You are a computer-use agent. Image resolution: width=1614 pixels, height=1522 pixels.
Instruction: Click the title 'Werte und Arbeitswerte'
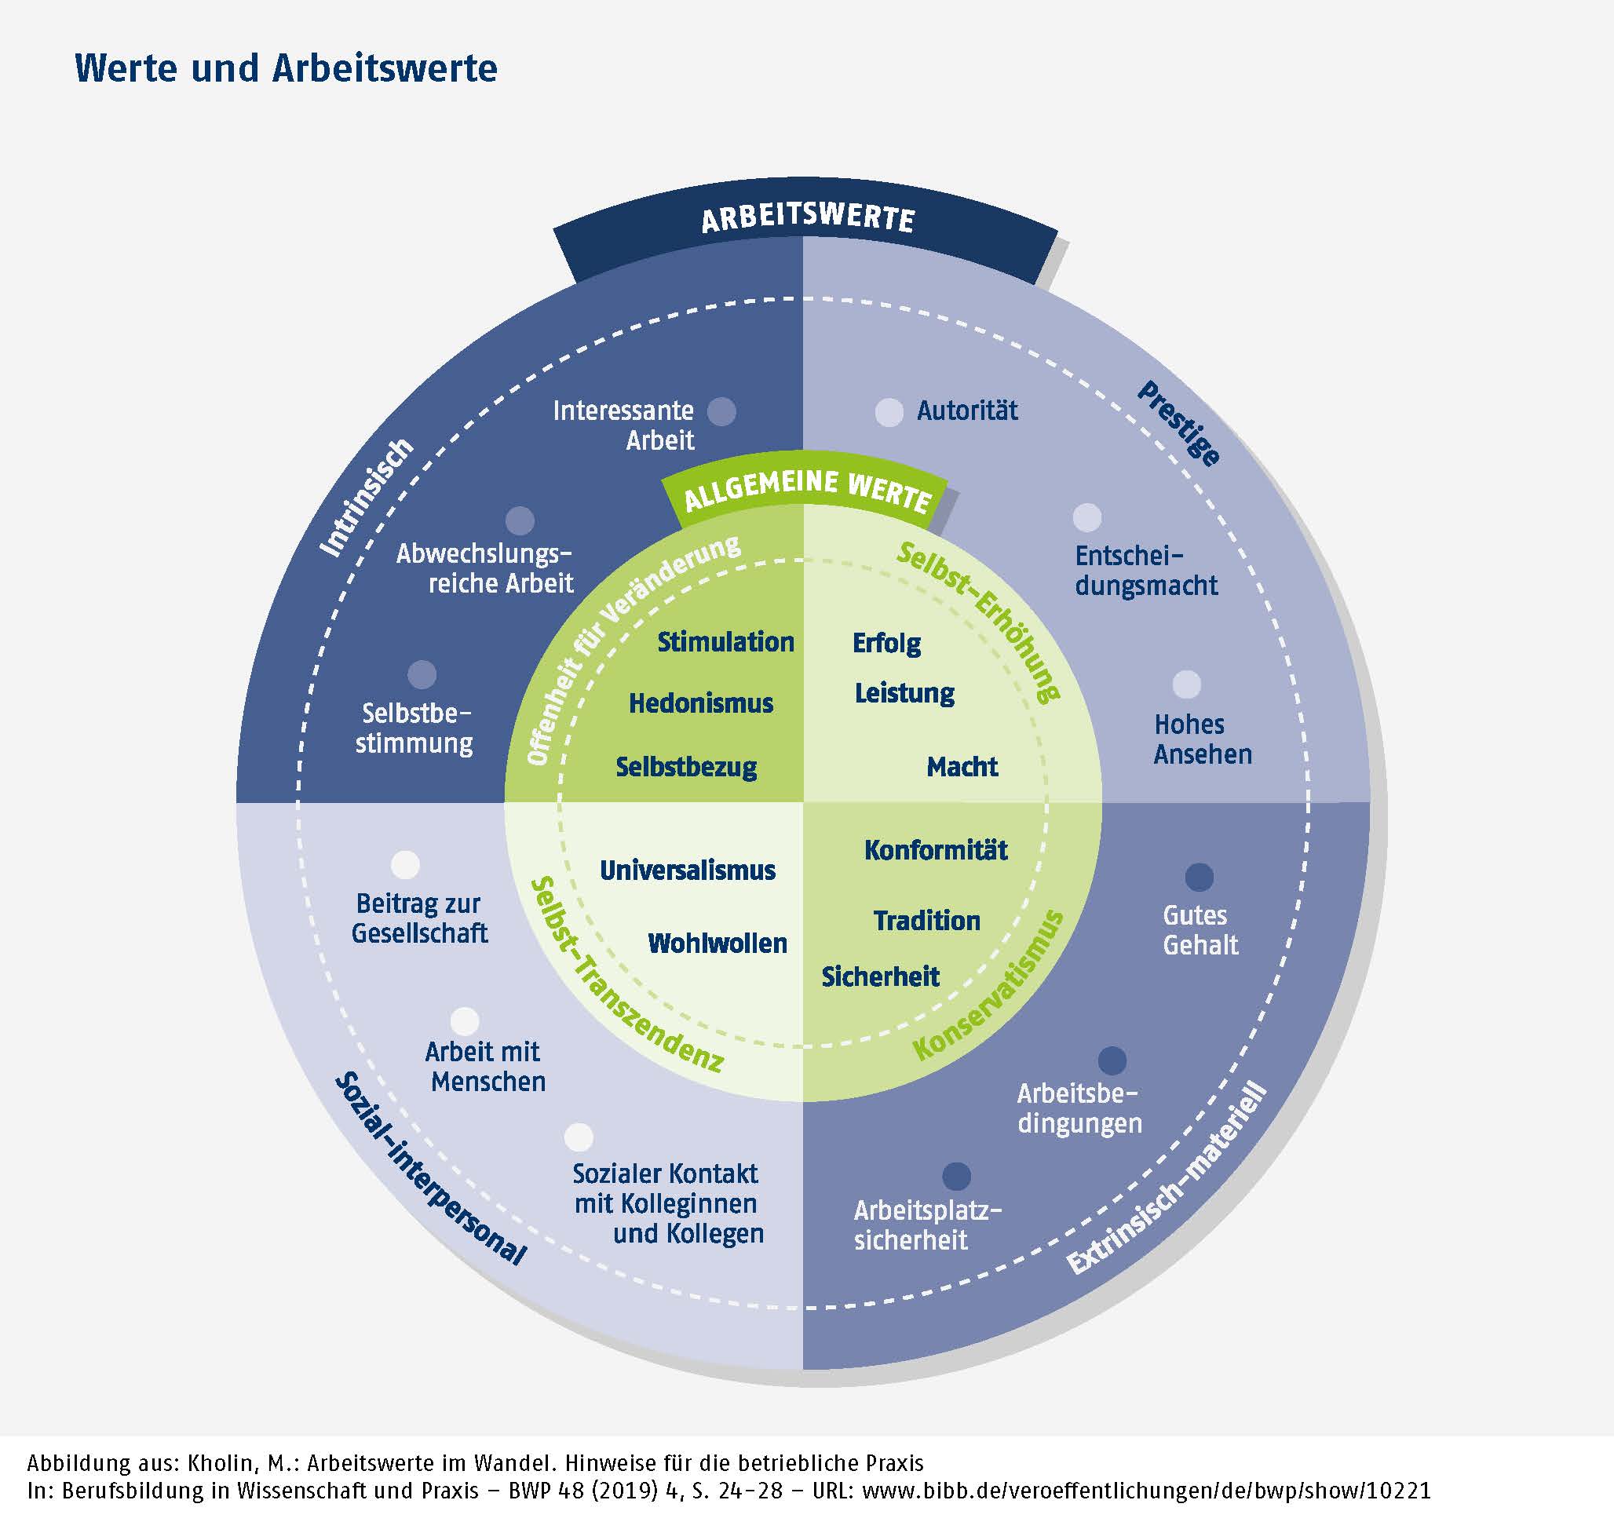(286, 68)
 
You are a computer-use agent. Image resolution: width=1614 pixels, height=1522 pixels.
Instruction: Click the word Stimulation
(725, 642)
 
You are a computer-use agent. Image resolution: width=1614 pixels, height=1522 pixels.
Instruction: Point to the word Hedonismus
(701, 703)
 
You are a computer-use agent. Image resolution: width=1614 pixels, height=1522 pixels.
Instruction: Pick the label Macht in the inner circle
(962, 766)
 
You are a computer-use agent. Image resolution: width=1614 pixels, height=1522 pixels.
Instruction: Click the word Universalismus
(688, 870)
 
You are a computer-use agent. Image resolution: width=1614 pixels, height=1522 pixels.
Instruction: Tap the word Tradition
(926, 921)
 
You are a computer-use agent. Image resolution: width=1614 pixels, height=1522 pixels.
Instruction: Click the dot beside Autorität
(889, 412)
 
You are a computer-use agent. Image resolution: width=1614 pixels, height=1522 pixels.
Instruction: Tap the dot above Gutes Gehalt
(1200, 877)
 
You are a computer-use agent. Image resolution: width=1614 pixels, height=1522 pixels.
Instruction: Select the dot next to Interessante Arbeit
(721, 411)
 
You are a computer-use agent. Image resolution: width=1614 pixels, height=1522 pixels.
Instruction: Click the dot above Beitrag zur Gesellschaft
(405, 865)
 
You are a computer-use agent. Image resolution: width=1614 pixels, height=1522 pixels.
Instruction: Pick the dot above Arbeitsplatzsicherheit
(956, 1176)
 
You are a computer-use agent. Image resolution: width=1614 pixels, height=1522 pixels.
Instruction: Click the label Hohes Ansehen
(1202, 739)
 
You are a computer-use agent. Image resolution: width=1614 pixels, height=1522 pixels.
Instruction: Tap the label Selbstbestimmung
(414, 728)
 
